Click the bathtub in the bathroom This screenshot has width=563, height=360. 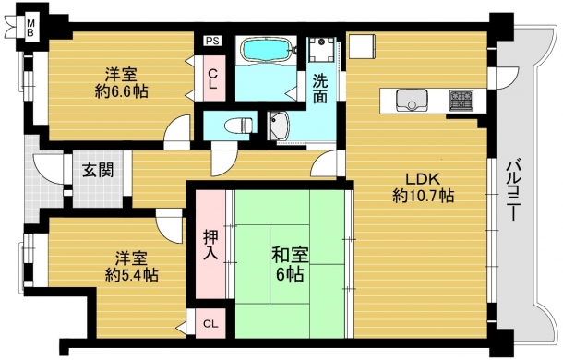[x=266, y=50]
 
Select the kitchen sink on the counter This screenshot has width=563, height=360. [x=412, y=101]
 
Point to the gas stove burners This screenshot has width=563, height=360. [x=461, y=100]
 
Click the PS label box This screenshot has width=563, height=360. [x=212, y=41]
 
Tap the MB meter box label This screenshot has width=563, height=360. [x=31, y=29]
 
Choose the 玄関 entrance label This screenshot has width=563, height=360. [x=98, y=170]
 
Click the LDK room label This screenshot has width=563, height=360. [x=423, y=178]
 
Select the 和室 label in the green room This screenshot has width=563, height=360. [x=290, y=256]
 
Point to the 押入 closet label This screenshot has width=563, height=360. [x=210, y=245]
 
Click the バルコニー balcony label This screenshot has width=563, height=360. [x=513, y=189]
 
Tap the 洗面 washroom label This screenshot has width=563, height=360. [x=319, y=89]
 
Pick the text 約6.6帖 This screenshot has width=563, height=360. [x=121, y=92]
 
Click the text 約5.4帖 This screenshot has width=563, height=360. [x=131, y=275]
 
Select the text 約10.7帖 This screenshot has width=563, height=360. [x=424, y=196]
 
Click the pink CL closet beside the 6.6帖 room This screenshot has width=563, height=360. [x=212, y=78]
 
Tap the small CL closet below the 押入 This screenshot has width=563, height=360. [x=210, y=323]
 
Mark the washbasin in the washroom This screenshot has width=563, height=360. [x=279, y=126]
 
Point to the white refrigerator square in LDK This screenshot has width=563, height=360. [x=362, y=46]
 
